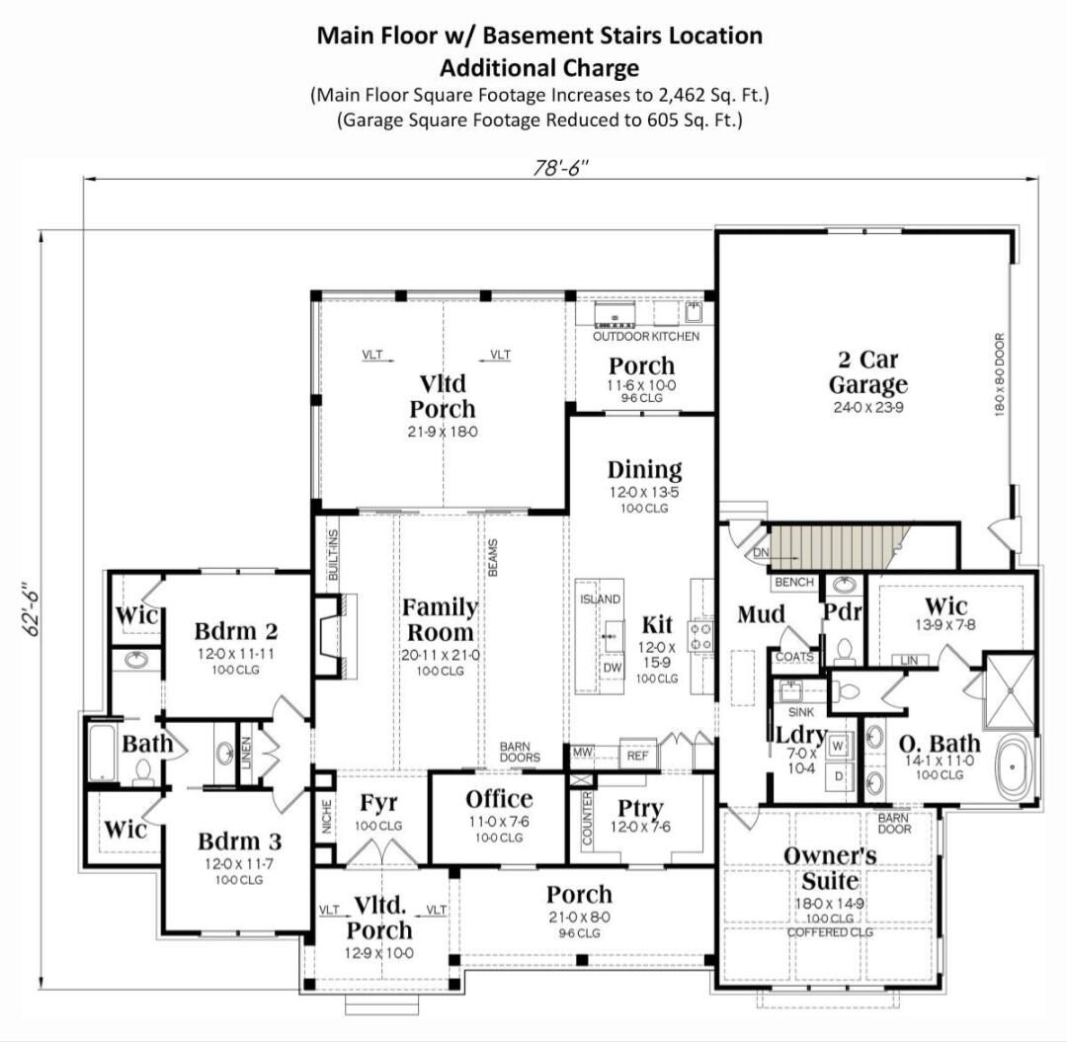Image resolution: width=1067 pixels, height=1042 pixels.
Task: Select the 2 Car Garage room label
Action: click(867, 372)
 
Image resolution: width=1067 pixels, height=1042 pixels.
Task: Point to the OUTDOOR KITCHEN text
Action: click(645, 337)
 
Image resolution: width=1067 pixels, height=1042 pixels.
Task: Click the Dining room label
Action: click(644, 470)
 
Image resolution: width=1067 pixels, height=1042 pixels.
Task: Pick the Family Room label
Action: click(439, 619)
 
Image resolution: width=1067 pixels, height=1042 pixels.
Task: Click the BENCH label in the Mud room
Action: click(794, 583)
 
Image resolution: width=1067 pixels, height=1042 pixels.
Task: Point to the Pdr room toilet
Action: click(844, 649)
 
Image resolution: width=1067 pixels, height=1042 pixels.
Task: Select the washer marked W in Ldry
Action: click(839, 744)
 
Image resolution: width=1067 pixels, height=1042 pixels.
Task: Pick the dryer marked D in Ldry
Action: click(839, 776)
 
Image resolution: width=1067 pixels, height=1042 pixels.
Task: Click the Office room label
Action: click(499, 800)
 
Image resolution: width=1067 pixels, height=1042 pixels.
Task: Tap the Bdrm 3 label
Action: click(239, 842)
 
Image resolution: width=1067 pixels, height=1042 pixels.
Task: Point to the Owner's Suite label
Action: click(830, 867)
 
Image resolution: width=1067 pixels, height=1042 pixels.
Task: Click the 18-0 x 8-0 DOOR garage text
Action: click(999, 372)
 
